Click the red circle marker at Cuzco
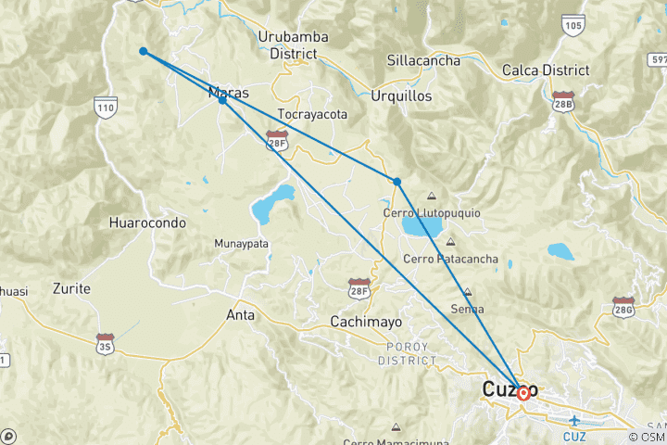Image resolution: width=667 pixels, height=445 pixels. pyautogui.click(x=523, y=393)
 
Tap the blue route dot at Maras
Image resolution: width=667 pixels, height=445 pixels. pyautogui.click(x=222, y=99)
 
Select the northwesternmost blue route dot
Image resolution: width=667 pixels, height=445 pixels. pyautogui.click(x=143, y=51)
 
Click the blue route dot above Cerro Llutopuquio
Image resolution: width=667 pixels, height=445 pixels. pyautogui.click(x=396, y=181)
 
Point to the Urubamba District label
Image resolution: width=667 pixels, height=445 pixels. pyautogui.click(x=294, y=45)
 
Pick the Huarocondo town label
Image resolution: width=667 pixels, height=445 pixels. pyautogui.click(x=147, y=223)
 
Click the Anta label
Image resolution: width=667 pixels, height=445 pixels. pyautogui.click(x=241, y=315)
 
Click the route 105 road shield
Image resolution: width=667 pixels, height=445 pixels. pyautogui.click(x=573, y=25)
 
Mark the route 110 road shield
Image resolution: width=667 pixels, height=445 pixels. pyautogui.click(x=104, y=108)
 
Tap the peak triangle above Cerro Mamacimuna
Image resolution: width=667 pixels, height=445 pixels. pyautogui.click(x=396, y=427)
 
